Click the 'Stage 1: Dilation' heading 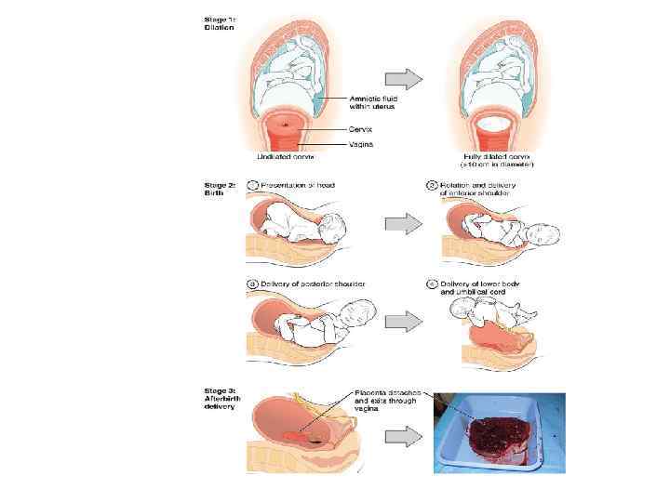point(219,23)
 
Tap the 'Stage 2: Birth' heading point(219,188)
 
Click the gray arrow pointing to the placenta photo point(401,436)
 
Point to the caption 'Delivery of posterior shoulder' point(312,284)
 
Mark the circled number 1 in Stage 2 point(251,185)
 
